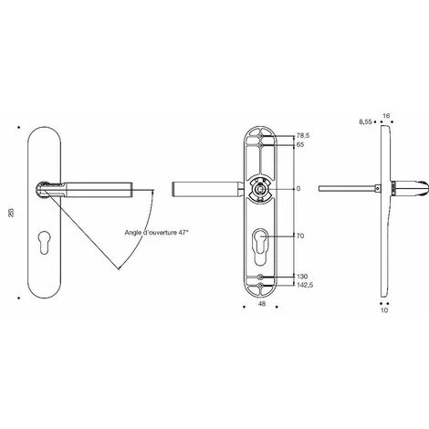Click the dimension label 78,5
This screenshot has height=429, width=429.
pyautogui.click(x=303, y=136)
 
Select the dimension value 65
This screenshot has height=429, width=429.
pyautogui.click(x=300, y=145)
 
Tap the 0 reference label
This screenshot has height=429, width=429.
pyautogui.click(x=298, y=189)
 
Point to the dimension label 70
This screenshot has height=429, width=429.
pyautogui.click(x=300, y=235)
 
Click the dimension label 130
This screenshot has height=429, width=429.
pyautogui.click(x=302, y=277)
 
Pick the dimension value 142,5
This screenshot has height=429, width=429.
pyautogui.click(x=305, y=286)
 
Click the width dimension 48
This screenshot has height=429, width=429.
pyautogui.click(x=262, y=304)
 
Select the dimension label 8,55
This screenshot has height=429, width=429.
pyautogui.click(x=365, y=122)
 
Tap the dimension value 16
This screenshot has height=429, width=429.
pyautogui.click(x=386, y=116)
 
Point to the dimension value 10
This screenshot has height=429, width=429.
pyautogui.click(x=384, y=310)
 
